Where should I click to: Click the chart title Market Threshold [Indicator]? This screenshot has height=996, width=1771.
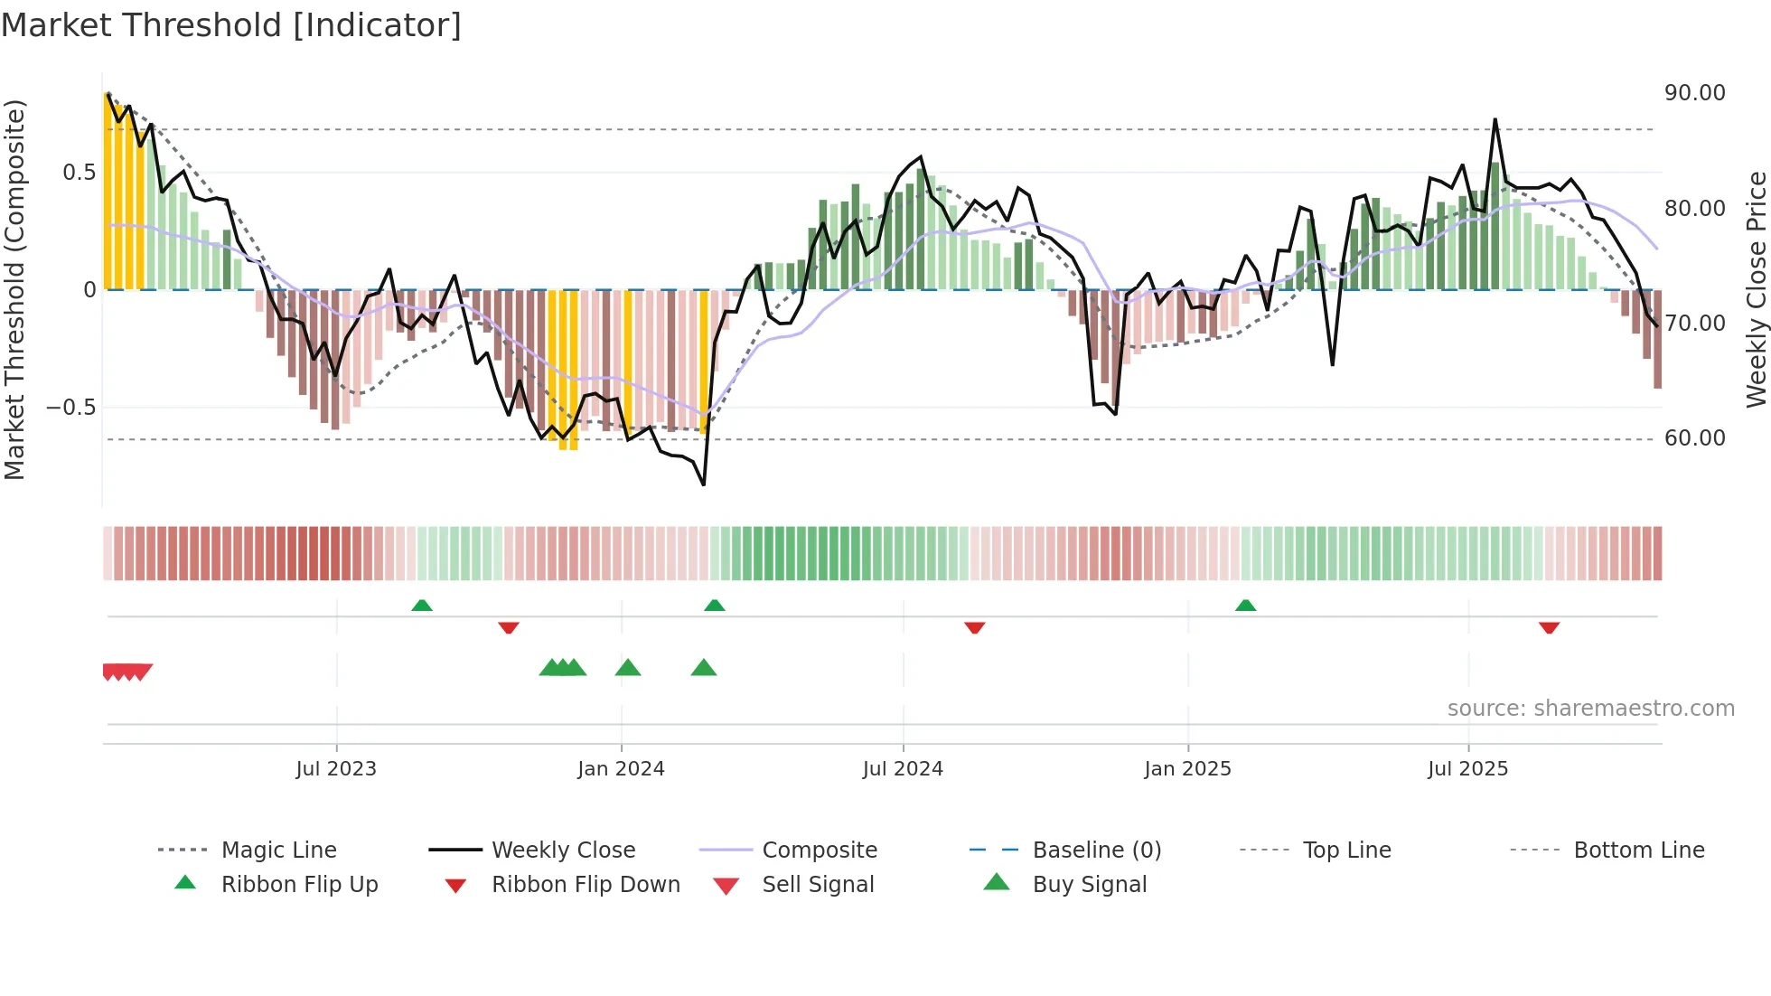pyautogui.click(x=231, y=25)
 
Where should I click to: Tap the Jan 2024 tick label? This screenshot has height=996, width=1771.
pyautogui.click(x=621, y=769)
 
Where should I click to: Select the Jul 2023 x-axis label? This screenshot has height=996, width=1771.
pyautogui.click(x=336, y=769)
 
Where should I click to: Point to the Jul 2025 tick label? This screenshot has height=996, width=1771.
pyautogui.click(x=1467, y=769)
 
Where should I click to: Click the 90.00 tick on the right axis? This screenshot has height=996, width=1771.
pyautogui.click(x=1694, y=93)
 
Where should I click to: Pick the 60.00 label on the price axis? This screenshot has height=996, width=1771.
pyautogui.click(x=1694, y=438)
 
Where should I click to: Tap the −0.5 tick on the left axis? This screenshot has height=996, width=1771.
pyautogui.click(x=71, y=408)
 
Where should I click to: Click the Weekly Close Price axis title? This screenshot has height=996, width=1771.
pyautogui.click(x=1756, y=289)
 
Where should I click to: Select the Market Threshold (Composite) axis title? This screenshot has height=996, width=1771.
pyautogui.click(x=14, y=289)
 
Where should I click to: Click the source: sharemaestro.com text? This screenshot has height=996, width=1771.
pyautogui.click(x=1590, y=709)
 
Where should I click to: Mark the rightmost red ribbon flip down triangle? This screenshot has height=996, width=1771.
pyautogui.click(x=1549, y=627)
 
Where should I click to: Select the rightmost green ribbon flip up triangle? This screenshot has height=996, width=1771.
pyautogui.click(x=1245, y=606)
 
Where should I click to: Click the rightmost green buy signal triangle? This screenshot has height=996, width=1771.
pyautogui.click(x=703, y=669)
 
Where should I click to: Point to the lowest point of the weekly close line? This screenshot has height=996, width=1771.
pyautogui.click(x=704, y=484)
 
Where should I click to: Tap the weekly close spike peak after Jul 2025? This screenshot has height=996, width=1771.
pyautogui.click(x=1495, y=119)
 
